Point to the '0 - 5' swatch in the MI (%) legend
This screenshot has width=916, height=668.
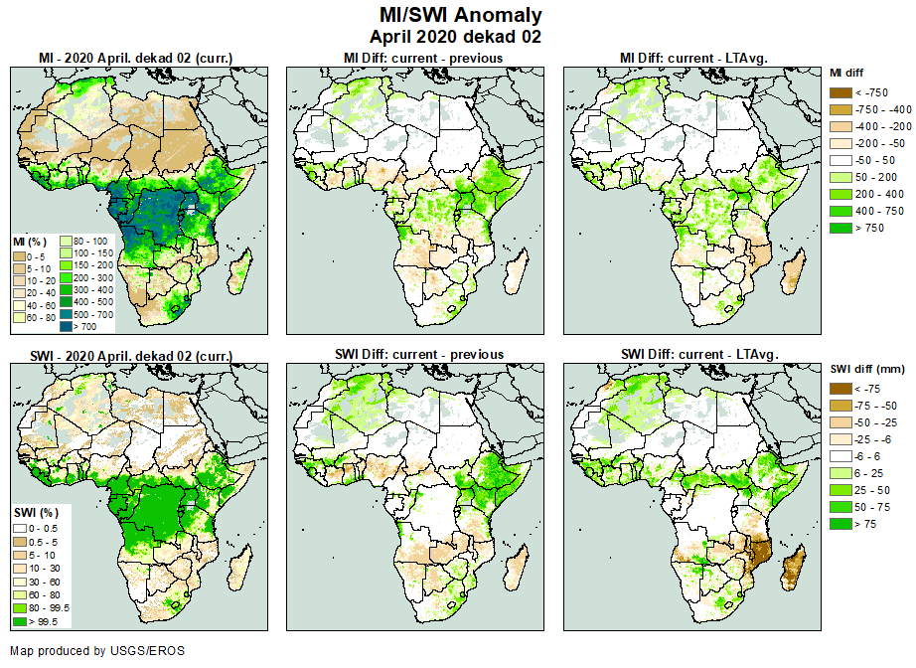tap(20, 255)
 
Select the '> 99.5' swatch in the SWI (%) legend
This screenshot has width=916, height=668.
tap(20, 621)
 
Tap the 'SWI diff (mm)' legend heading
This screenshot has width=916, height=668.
tap(864, 370)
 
